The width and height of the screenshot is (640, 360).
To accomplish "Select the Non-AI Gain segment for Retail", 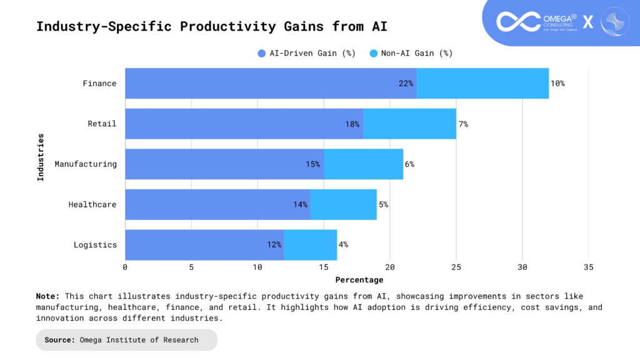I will pos(409,124).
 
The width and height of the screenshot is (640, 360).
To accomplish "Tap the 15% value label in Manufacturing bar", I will pos(312,164).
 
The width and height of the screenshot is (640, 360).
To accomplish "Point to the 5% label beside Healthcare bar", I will pos(383,204).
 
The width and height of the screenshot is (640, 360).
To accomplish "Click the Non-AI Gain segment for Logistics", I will pos(311,245).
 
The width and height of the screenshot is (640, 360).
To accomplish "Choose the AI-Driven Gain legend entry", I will pos(307,53).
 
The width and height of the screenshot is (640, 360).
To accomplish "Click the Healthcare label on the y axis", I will pos(92,204).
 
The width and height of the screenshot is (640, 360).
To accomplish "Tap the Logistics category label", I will pos(95,245).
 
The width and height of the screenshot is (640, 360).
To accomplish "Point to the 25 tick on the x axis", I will pos(456,267).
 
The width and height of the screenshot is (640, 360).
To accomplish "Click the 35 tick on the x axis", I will pos(589,267).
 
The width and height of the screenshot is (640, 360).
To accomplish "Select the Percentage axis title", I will pos(359,280).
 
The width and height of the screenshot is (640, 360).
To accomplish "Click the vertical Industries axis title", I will pos(41,157).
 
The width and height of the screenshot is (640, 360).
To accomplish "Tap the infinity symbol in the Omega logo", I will pos(518,21).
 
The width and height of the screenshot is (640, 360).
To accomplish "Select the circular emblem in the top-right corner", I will pos(614,21).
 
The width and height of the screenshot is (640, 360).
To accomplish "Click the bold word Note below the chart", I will pos(47,296).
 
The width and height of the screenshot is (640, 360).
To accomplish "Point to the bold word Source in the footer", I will pos(60,340).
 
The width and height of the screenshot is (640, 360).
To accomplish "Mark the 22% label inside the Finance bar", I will pos(406,83).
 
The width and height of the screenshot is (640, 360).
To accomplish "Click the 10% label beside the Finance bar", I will pos(557,83).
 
